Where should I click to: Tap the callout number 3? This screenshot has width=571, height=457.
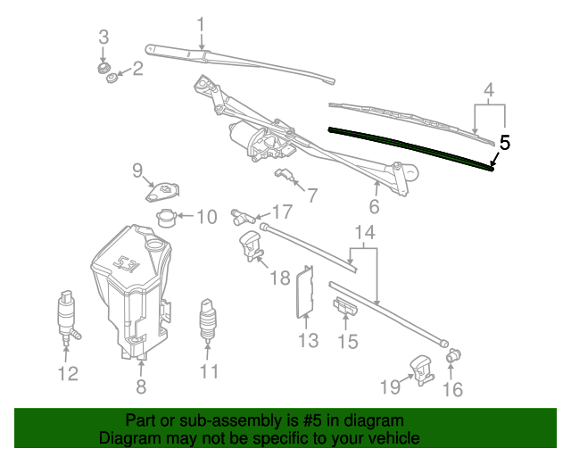[x=103, y=37]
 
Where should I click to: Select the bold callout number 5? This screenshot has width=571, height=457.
[x=505, y=142]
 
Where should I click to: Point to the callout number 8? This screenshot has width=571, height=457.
[x=140, y=386]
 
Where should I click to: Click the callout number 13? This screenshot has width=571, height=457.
[x=308, y=340]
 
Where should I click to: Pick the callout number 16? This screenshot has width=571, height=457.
[x=453, y=388]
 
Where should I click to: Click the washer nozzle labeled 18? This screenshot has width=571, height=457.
[x=251, y=245]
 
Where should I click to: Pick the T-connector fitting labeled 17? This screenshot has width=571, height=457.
[x=242, y=213]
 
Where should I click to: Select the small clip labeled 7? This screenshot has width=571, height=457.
[x=286, y=174]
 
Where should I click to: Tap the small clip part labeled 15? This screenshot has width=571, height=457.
[x=346, y=307]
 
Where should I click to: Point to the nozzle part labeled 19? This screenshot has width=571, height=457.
[x=421, y=367]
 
